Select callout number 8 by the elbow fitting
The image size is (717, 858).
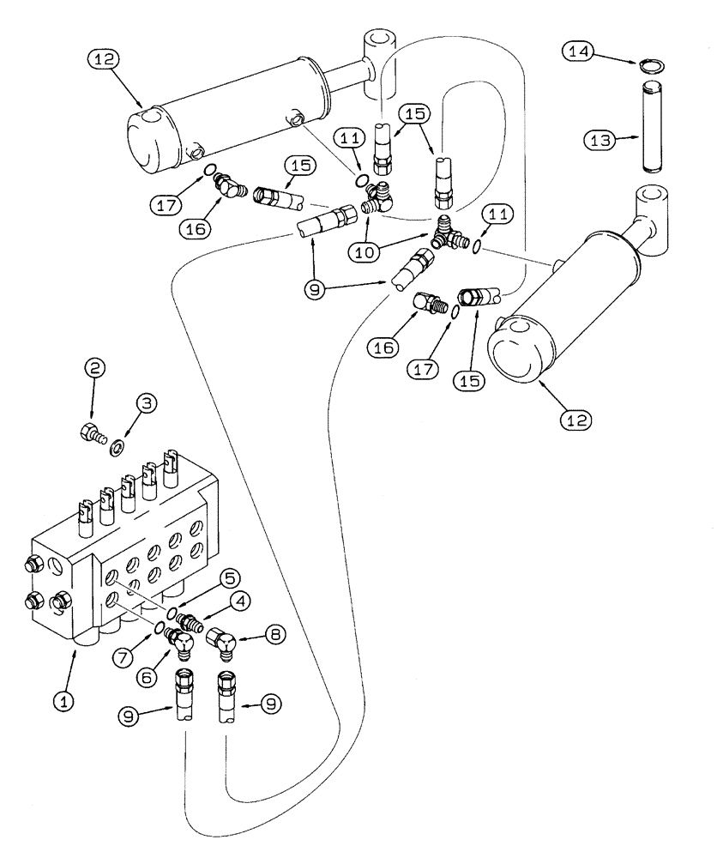pyautogui.click(x=273, y=637)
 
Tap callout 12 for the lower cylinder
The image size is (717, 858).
pyautogui.click(x=575, y=420)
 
